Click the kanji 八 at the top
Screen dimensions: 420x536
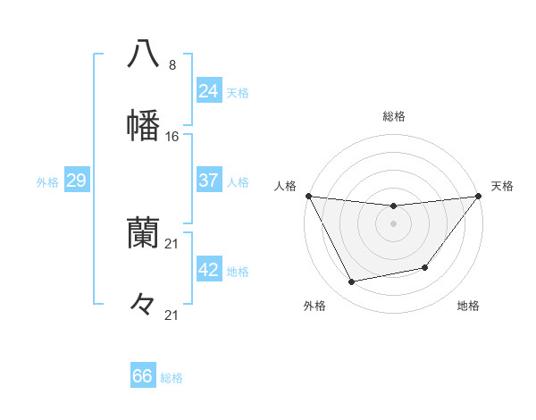pyautogui.click(x=143, y=54)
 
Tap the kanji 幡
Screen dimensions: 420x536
pyautogui.click(x=143, y=125)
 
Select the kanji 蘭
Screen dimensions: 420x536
pyautogui.click(x=143, y=233)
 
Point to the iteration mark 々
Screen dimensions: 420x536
pyautogui.click(x=143, y=305)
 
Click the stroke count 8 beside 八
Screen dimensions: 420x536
pyautogui.click(x=172, y=65)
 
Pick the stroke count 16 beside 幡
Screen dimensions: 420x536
pyautogui.click(x=172, y=137)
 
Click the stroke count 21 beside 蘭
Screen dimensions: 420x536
pyautogui.click(x=172, y=243)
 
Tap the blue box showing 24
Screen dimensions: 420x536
pyautogui.click(x=208, y=91)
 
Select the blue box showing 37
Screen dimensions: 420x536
pyautogui.click(x=208, y=181)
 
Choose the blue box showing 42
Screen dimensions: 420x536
pyautogui.click(x=208, y=270)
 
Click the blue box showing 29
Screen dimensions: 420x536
pyautogui.click(x=76, y=181)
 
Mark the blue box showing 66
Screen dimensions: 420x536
pyautogui.click(x=143, y=376)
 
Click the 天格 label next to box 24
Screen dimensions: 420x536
pyautogui.click(x=238, y=93)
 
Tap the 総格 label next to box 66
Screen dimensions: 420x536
pyautogui.click(x=172, y=378)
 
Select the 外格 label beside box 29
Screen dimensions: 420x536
pyautogui.click(x=47, y=182)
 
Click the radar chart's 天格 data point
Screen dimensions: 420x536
pyautogui.click(x=478, y=196)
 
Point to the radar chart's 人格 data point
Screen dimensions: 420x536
pyautogui.click(x=308, y=196)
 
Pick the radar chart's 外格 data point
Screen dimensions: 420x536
pyautogui.click(x=352, y=282)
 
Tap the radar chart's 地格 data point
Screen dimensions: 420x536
pyautogui.click(x=425, y=267)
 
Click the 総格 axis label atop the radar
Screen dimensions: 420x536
pyautogui.click(x=394, y=116)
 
